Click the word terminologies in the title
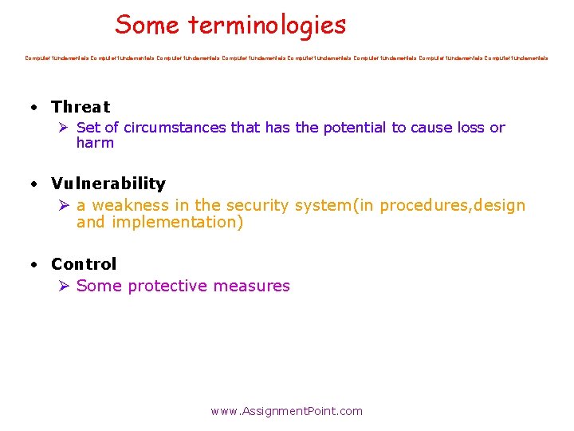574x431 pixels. click(x=267, y=26)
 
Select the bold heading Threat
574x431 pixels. click(x=81, y=107)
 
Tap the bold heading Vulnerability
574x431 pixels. click(x=108, y=184)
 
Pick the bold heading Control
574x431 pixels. click(x=84, y=264)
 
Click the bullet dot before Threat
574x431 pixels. click(x=34, y=108)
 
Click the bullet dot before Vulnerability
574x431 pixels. click(x=34, y=185)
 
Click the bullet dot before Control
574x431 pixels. click(x=34, y=265)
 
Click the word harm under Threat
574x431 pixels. click(x=95, y=144)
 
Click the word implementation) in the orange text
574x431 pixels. click(x=178, y=223)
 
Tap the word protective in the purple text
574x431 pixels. click(x=167, y=286)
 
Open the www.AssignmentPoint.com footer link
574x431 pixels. click(x=286, y=411)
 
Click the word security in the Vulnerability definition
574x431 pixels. click(x=258, y=206)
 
